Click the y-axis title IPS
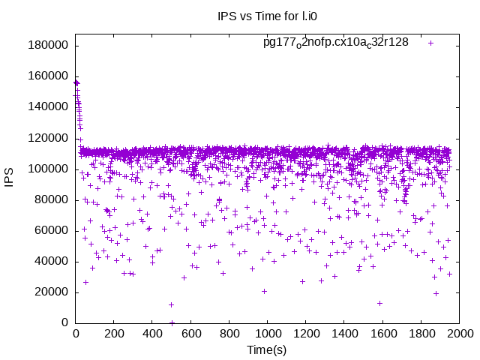point(10,178)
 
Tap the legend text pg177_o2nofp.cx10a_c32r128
point(335,42)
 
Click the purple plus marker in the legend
point(430,43)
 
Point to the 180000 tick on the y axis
point(49,45)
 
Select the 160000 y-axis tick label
point(49,76)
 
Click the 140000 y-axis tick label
point(49,106)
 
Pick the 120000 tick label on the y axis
point(49,138)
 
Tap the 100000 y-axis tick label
point(49,169)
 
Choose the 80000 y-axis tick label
point(52,199)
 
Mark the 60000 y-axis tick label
point(52,230)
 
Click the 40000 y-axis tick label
point(52,261)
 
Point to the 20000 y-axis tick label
point(52,292)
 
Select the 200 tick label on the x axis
point(114,334)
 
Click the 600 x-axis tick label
point(190,334)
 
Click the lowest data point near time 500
point(172,322)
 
